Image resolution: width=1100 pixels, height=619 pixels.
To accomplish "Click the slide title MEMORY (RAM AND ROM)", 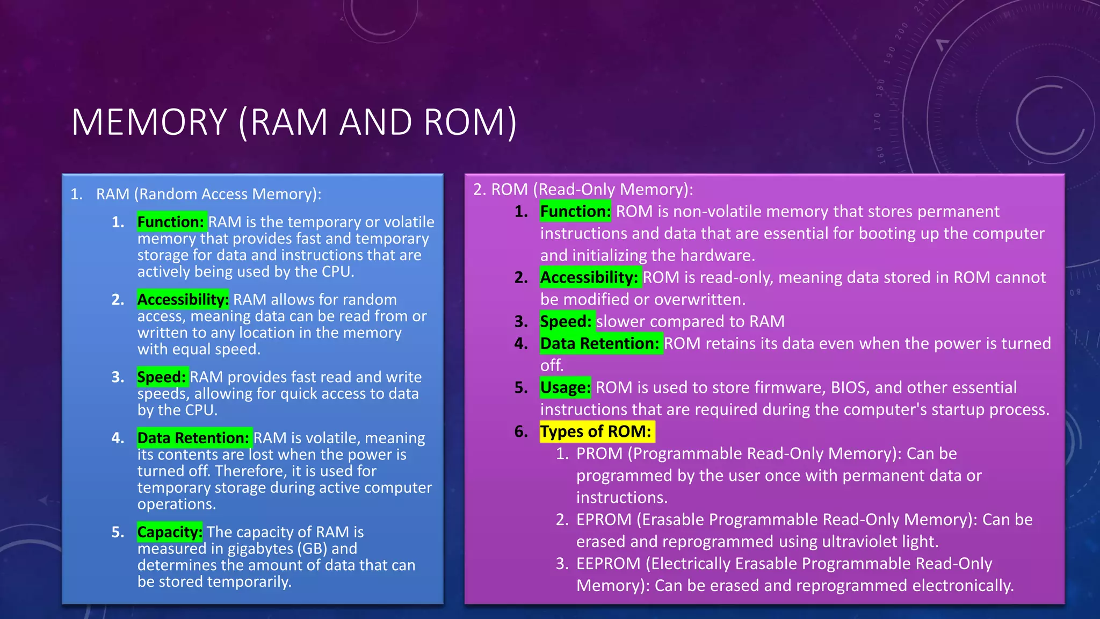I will pos(294,122).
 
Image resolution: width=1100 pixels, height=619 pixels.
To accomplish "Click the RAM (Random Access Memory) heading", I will pos(208,194).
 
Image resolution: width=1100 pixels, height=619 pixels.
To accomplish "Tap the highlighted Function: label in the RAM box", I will pos(171,222).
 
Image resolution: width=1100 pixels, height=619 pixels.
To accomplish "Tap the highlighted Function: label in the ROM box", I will pos(575,212).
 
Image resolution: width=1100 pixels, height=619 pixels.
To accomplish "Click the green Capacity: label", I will pos(170,532).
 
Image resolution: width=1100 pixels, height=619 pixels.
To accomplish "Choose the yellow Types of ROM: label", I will pos(596,431).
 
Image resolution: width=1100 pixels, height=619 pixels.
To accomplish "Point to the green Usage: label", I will pos(565,387).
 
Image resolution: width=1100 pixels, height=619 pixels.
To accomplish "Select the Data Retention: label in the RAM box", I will pos(193,438).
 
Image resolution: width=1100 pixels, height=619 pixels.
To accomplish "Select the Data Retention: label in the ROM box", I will pos(600,343).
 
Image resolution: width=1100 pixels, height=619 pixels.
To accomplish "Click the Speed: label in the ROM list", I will pos(566,321).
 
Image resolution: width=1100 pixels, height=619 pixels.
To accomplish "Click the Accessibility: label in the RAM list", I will pos(183,299).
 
